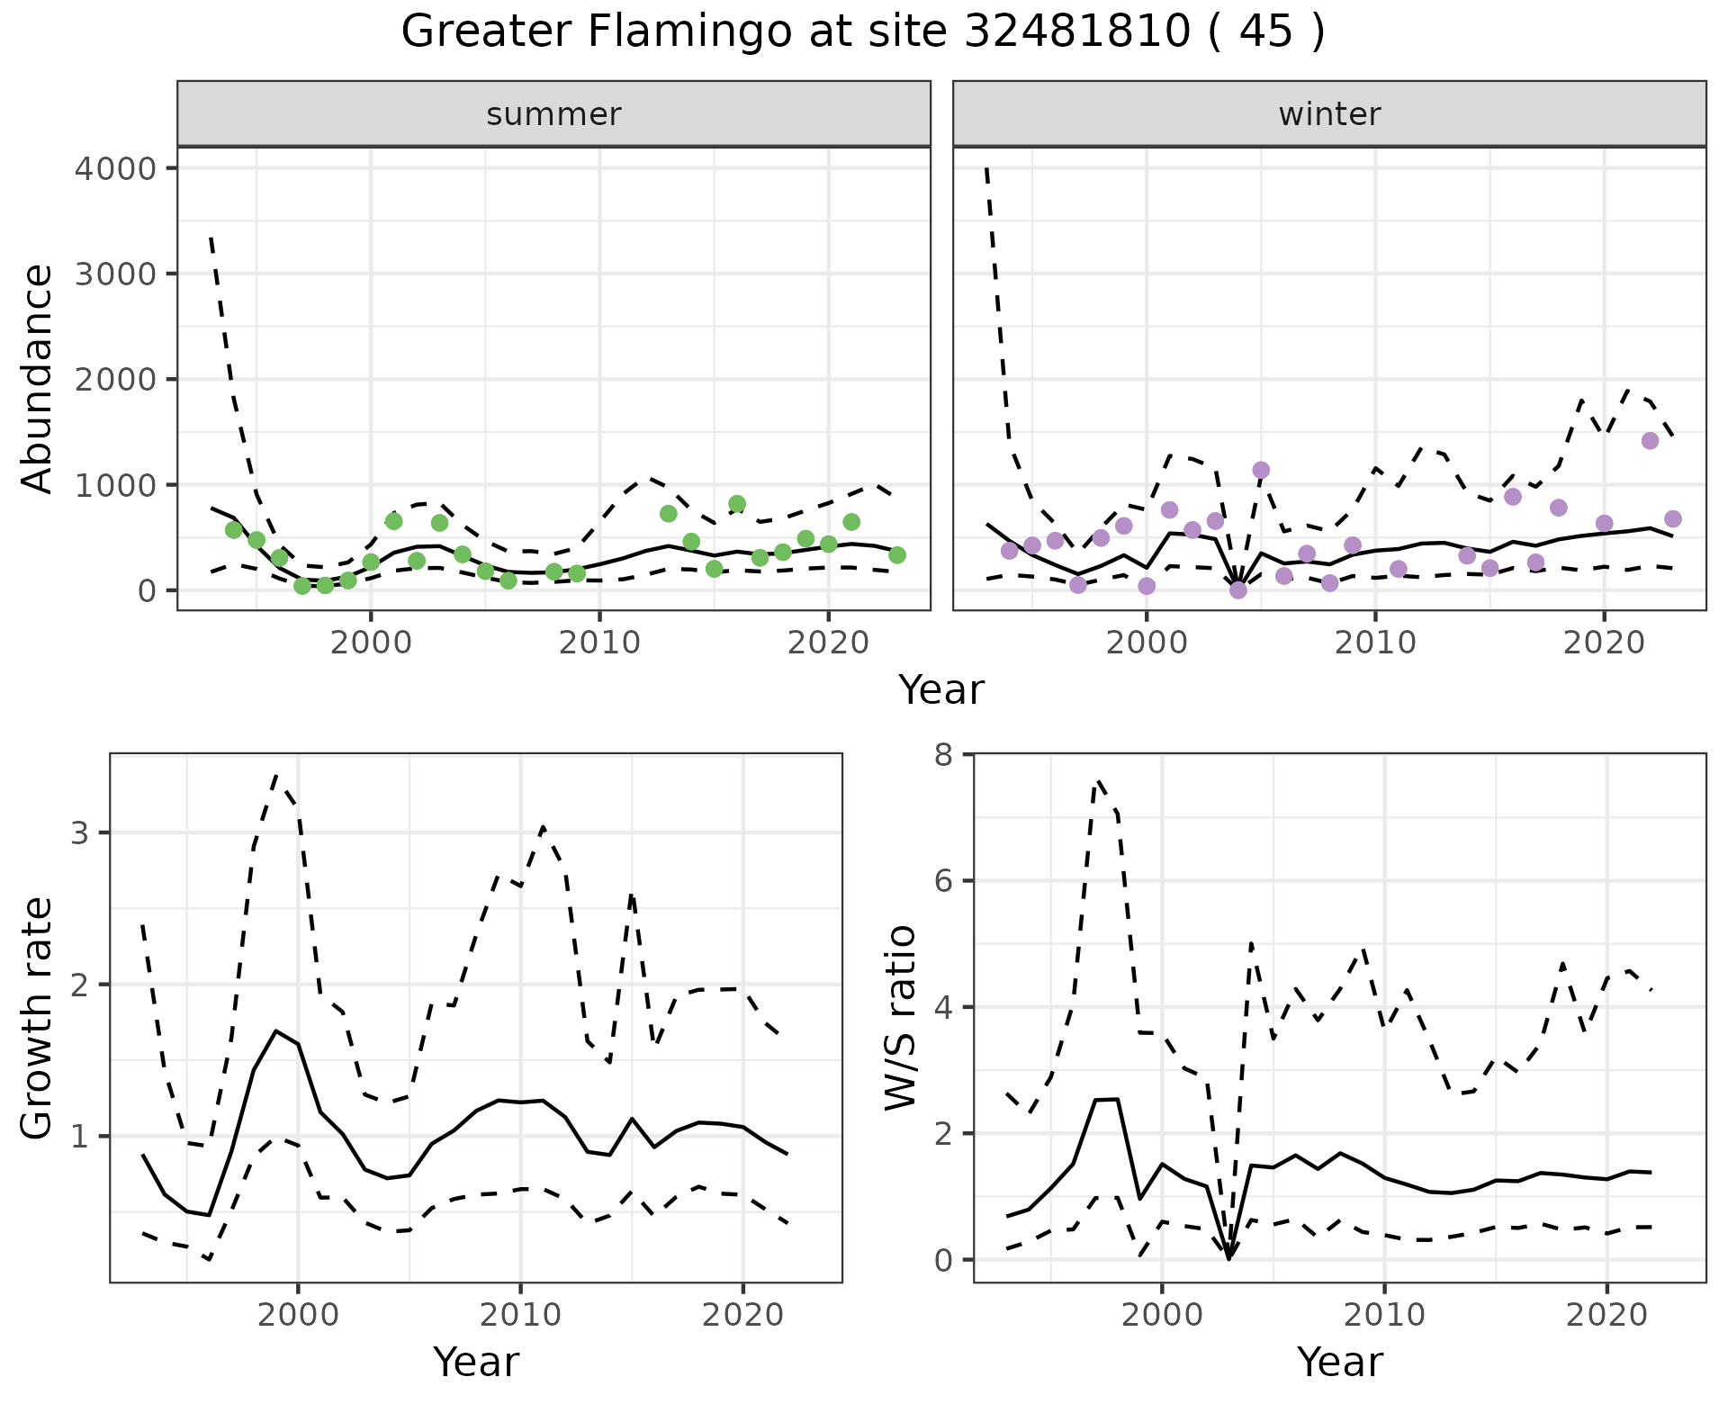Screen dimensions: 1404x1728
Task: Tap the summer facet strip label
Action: (553, 114)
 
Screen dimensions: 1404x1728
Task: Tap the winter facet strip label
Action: (1329, 114)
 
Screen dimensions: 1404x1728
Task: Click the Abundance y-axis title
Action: (38, 378)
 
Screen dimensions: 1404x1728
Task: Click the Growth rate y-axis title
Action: (38, 1019)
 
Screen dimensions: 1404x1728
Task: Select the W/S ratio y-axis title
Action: (901, 1019)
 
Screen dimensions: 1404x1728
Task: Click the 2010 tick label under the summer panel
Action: (599, 643)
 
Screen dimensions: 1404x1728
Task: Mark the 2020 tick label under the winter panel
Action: (1604, 643)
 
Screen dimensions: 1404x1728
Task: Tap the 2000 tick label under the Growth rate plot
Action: (298, 1315)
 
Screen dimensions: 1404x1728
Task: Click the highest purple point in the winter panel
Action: (1650, 441)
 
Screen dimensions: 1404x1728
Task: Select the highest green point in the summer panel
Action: (737, 504)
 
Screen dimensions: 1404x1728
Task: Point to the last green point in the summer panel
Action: (897, 555)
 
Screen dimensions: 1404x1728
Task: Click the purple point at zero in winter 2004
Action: (1238, 590)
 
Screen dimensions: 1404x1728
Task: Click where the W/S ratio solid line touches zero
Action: (1228, 1258)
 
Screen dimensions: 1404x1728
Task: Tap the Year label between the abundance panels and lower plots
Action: (941, 690)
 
